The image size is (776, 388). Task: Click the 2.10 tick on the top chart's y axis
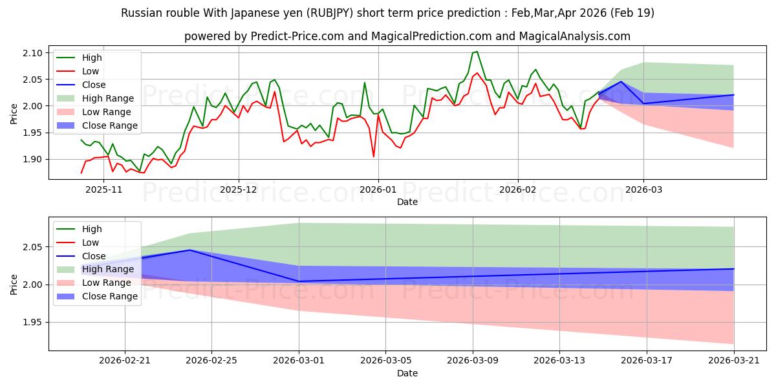pos(32,53)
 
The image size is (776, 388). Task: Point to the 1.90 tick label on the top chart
pos(32,159)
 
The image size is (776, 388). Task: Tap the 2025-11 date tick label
pos(103,189)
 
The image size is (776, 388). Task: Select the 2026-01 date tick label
pos(378,189)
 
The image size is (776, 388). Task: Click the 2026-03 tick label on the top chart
pos(643,189)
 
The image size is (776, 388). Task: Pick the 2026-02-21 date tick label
pos(125,361)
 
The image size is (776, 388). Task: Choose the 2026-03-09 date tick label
pos(473,361)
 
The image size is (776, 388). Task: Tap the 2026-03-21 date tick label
pos(734,361)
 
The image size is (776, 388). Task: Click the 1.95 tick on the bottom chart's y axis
pos(32,323)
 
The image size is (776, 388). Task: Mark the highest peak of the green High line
pos(477,52)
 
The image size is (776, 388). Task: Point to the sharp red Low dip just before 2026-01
pos(374,156)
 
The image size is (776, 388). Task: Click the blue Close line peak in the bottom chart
pos(190,250)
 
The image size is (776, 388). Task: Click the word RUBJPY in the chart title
pos(332,13)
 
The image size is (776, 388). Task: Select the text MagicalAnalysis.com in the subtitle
pos(574,36)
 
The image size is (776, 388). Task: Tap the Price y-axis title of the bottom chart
pos(14,285)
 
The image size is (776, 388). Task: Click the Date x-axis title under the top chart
pos(407,202)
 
